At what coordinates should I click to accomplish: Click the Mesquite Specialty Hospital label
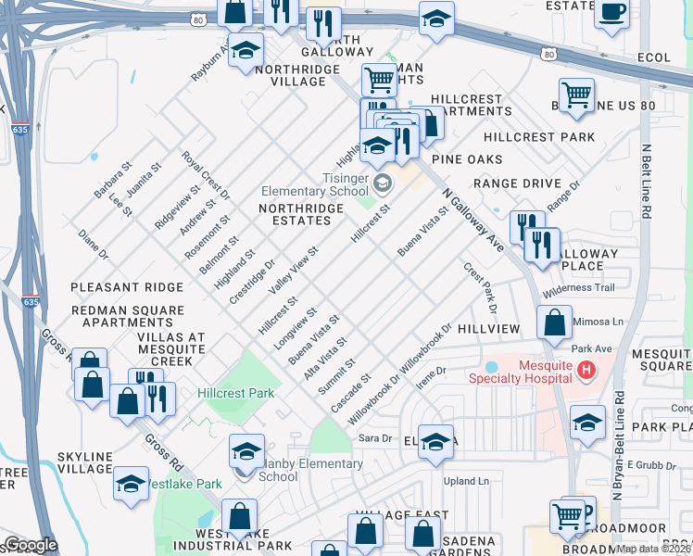pyautogui.click(x=518, y=371)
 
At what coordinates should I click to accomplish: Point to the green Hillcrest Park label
pyautogui.click(x=235, y=393)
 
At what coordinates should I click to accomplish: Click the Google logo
pyautogui.click(x=31, y=546)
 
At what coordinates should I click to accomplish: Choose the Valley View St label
pyautogui.click(x=294, y=270)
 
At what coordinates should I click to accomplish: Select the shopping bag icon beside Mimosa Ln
pyautogui.click(x=554, y=322)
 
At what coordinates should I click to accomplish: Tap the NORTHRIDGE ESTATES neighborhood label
pyautogui.click(x=301, y=215)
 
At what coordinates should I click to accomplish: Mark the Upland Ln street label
pyautogui.click(x=466, y=481)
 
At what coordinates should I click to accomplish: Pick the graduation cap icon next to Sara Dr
pyautogui.click(x=435, y=442)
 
